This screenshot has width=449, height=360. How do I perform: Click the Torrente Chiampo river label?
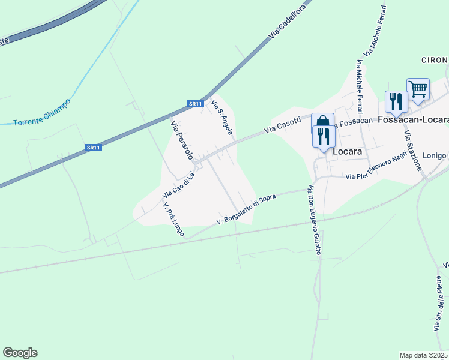click(41, 112)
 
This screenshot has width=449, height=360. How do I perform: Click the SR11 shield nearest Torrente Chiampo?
click(93, 147)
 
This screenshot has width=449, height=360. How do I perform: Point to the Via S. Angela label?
click(221, 117)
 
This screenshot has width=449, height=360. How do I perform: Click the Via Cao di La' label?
click(179, 185)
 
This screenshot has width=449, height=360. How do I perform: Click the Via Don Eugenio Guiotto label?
click(315, 220)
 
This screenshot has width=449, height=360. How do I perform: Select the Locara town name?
click(347, 151)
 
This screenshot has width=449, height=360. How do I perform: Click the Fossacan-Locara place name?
click(414, 119)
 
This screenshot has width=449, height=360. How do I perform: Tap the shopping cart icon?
click(418, 89)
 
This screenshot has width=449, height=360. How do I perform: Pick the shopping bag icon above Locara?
click(323, 122)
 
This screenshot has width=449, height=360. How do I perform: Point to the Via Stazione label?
click(413, 150)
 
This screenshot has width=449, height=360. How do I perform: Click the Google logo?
click(20, 353)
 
